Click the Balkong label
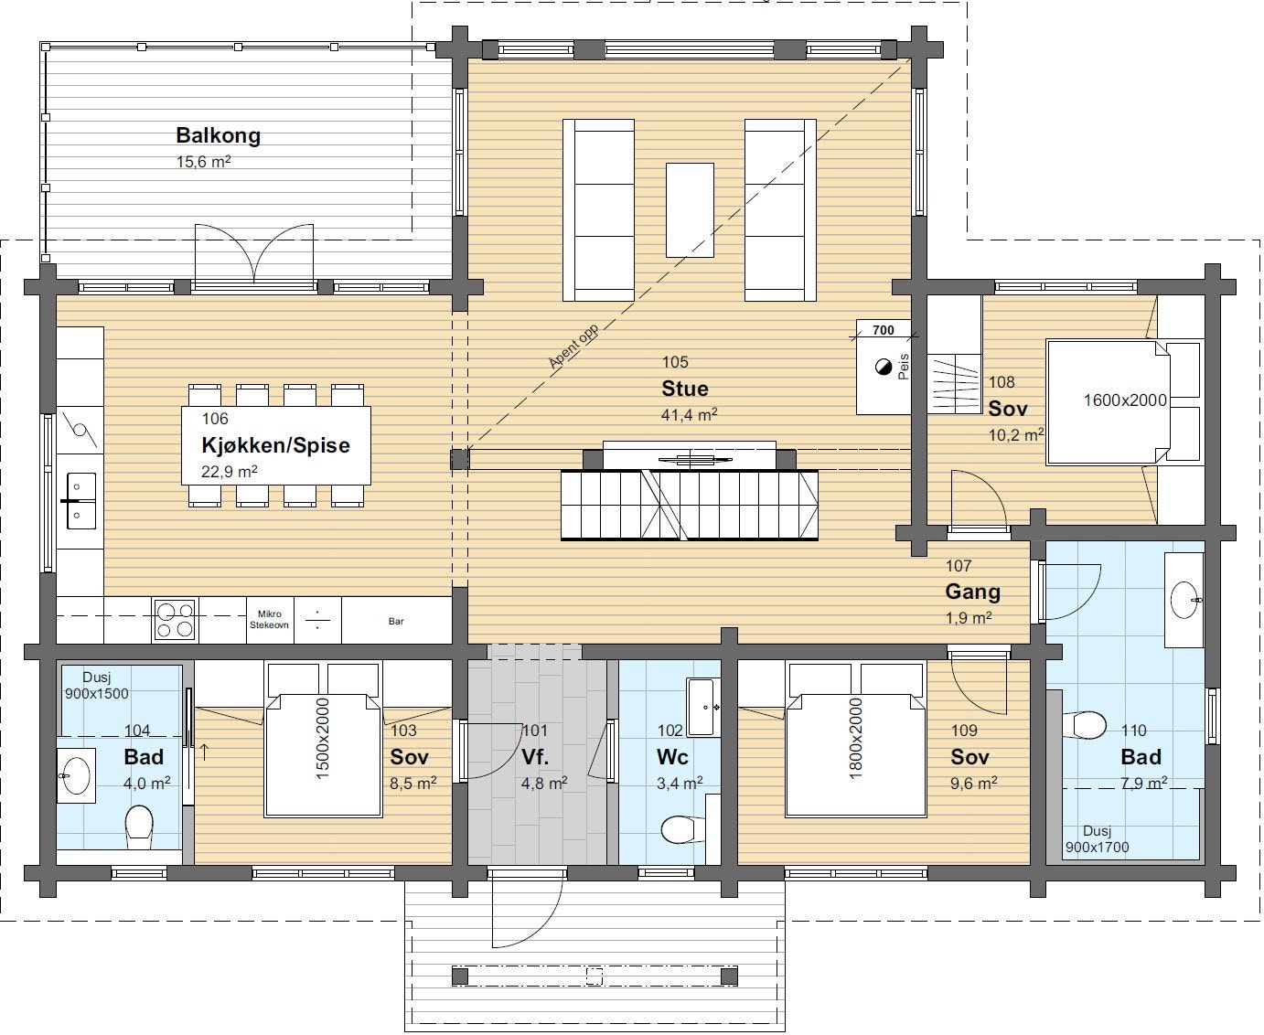(219, 135)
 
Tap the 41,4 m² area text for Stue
(689, 414)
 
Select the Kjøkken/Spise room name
(275, 445)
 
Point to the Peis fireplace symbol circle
(884, 367)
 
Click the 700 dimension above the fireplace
(883, 330)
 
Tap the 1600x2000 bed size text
(1125, 400)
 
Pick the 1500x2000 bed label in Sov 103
(323, 739)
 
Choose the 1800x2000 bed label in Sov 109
(856, 739)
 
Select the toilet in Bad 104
(140, 826)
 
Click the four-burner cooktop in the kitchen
(175, 620)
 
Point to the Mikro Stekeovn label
(269, 619)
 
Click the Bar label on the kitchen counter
(396, 621)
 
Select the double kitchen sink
(80, 500)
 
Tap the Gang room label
(973, 592)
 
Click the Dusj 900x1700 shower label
(1097, 839)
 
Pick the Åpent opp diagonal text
(573, 347)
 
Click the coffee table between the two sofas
(690, 209)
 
